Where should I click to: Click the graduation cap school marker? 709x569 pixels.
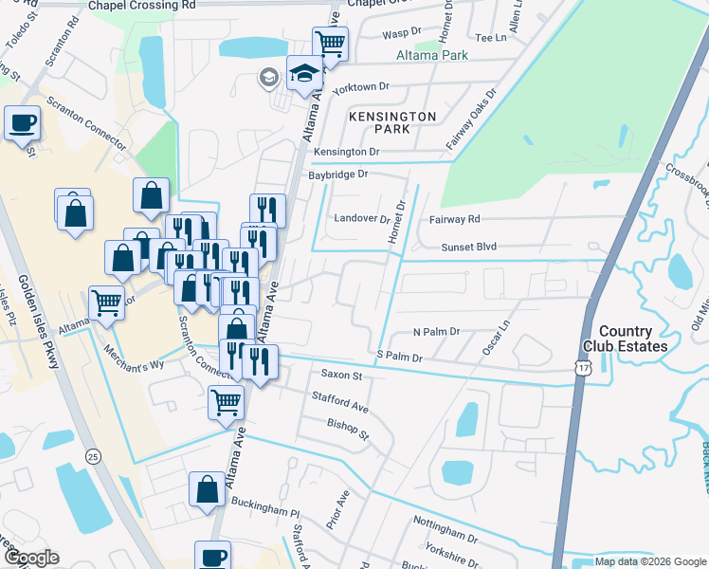click(304, 74)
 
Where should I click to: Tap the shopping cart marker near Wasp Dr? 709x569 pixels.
click(330, 42)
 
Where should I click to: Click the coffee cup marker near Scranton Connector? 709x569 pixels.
click(22, 121)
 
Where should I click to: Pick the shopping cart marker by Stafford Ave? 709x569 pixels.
click(227, 402)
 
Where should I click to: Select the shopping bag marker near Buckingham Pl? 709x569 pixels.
click(207, 489)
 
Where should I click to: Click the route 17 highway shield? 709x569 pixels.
click(584, 369)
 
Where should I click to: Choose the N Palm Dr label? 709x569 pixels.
click(436, 332)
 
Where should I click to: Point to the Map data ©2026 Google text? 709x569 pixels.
click(648, 561)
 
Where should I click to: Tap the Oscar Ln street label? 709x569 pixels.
click(495, 337)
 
